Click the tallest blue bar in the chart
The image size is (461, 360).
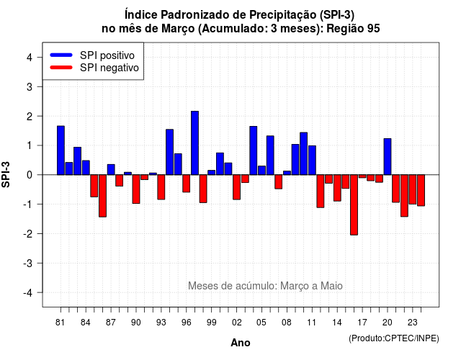coord(194,143)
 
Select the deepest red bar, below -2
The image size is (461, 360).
coord(354,204)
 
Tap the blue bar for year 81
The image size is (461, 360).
coord(61,150)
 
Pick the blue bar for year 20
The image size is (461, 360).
coord(388,157)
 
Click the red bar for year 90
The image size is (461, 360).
coord(136,189)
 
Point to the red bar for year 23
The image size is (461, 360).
coord(413,189)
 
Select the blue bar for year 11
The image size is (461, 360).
coord(312,160)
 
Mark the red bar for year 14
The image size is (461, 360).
coord(337,188)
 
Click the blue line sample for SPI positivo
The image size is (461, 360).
coord(61,55)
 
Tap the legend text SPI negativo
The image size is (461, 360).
coord(109,68)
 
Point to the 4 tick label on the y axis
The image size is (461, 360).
coord(30,58)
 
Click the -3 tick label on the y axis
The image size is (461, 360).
coord(28,264)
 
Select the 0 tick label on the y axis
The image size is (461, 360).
coord(30,175)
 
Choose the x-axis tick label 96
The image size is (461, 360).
coord(187,323)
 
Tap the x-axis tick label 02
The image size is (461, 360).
coord(237,323)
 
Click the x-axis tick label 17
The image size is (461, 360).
coord(362,323)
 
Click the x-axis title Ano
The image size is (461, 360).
coord(241,343)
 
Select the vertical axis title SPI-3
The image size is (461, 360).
coord(6,174)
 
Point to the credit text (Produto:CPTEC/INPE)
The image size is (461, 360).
coord(394,338)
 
